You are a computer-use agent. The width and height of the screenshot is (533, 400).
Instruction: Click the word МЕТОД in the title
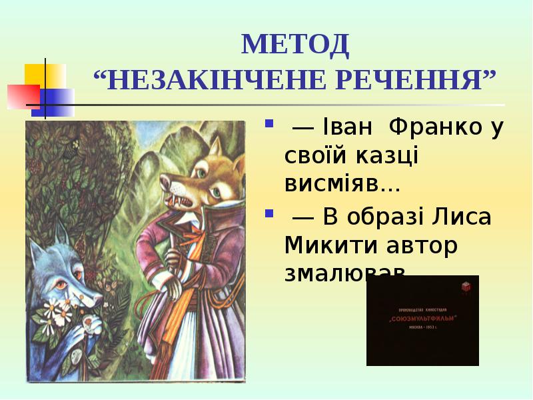pos(295,45)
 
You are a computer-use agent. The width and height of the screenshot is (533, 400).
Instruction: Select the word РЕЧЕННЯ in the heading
pos(418,81)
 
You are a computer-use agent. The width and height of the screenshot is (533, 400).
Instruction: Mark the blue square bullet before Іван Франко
pos(270,123)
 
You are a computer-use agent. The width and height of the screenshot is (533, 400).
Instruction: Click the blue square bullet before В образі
pos(270,214)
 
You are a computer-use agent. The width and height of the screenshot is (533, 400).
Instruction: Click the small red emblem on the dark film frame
pos(465,287)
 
